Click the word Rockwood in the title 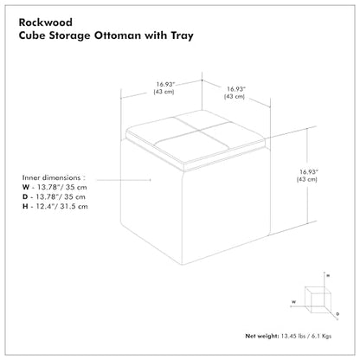click(46, 22)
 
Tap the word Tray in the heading click(182, 35)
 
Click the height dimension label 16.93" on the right click(309, 172)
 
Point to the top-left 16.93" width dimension click(166, 84)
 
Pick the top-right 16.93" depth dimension click(236, 89)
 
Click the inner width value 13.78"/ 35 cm click(62, 187)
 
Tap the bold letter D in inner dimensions click(25, 197)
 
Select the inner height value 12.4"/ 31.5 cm click(62, 207)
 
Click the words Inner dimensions click(51, 177)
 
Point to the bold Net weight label click(262, 336)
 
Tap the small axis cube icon click(318, 299)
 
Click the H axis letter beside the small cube click(328, 276)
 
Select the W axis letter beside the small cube click(293, 302)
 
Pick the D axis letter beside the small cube click(337, 314)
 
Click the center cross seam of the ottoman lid click(196, 130)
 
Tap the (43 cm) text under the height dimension click(307, 179)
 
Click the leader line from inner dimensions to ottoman click(124, 180)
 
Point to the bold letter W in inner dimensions click(26, 187)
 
